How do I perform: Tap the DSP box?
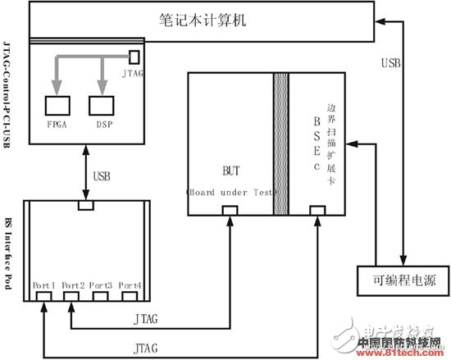(x=103, y=105)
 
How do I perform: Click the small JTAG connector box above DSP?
(x=134, y=57)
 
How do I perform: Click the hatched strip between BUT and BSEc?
(x=280, y=144)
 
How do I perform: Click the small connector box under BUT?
(x=231, y=212)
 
